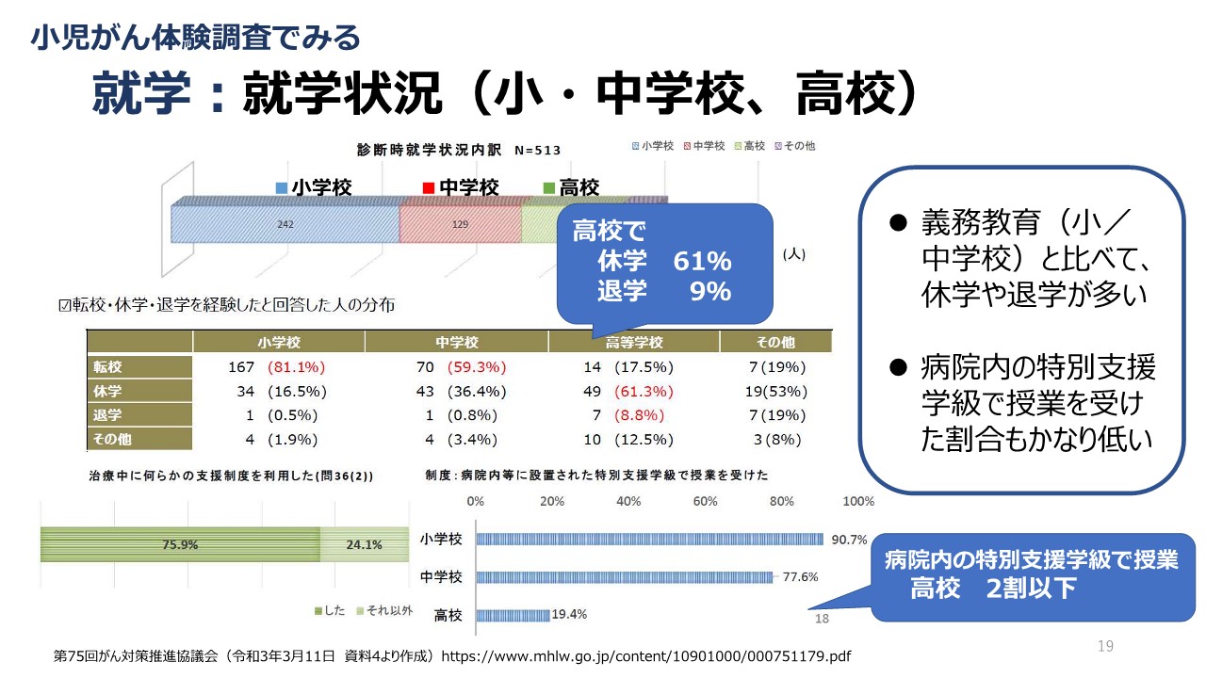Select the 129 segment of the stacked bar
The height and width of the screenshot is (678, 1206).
(460, 225)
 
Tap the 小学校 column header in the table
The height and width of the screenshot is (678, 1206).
(279, 342)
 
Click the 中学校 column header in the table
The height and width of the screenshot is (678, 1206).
(457, 342)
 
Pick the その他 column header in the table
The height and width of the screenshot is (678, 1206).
(775, 342)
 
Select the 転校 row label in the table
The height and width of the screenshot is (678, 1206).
(108, 367)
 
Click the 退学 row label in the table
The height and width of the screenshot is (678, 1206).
(108, 415)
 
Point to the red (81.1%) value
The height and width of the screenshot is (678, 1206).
(297, 367)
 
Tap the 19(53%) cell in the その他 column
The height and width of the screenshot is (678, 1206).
(775, 392)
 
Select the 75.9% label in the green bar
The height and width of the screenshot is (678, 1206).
(180, 544)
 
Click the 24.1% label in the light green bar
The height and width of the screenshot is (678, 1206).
(365, 544)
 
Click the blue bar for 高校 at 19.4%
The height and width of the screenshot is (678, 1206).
(513, 616)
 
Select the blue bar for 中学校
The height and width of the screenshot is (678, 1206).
(625, 577)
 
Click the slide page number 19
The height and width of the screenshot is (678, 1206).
(1105, 646)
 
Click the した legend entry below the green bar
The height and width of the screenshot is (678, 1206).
(330, 611)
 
